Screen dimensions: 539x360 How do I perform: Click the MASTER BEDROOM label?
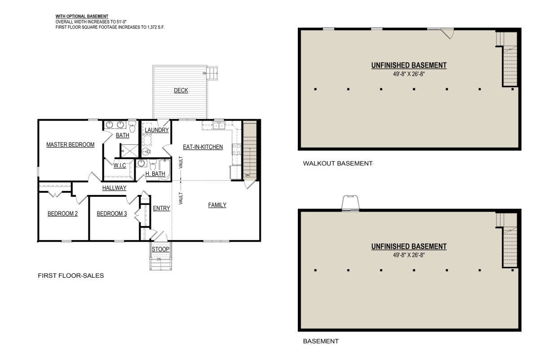[x=70, y=144]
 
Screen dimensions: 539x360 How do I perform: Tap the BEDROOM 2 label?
[x=62, y=213]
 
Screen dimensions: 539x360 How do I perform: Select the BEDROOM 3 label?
[x=112, y=213]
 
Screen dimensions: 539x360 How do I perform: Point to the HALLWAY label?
[x=114, y=188]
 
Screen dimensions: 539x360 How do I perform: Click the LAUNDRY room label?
[x=157, y=130]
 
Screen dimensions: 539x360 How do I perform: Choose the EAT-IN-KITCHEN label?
[x=203, y=147]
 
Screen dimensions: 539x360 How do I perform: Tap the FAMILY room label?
[x=217, y=205]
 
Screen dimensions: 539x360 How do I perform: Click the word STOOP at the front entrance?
[x=160, y=249]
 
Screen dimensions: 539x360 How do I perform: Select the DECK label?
[x=181, y=90]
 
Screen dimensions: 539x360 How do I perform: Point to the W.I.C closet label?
[x=119, y=165]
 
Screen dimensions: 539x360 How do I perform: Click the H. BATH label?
[x=155, y=173]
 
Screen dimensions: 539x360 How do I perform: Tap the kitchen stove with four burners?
[x=236, y=149]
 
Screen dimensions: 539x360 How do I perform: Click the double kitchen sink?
[x=219, y=126]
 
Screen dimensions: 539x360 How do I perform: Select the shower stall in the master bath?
[x=129, y=151]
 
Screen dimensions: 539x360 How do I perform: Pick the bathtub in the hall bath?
[x=165, y=169]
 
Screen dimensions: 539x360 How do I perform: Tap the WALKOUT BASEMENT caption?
[x=338, y=164]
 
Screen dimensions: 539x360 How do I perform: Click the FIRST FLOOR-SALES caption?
[x=71, y=276]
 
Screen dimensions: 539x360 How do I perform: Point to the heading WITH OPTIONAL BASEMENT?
[x=82, y=16]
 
